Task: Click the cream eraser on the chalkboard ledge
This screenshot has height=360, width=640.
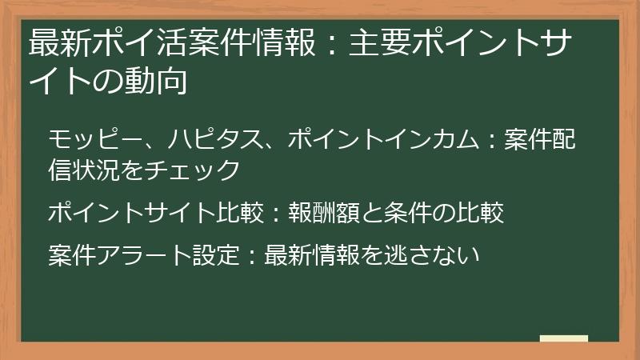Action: pyautogui.click(x=563, y=339)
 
